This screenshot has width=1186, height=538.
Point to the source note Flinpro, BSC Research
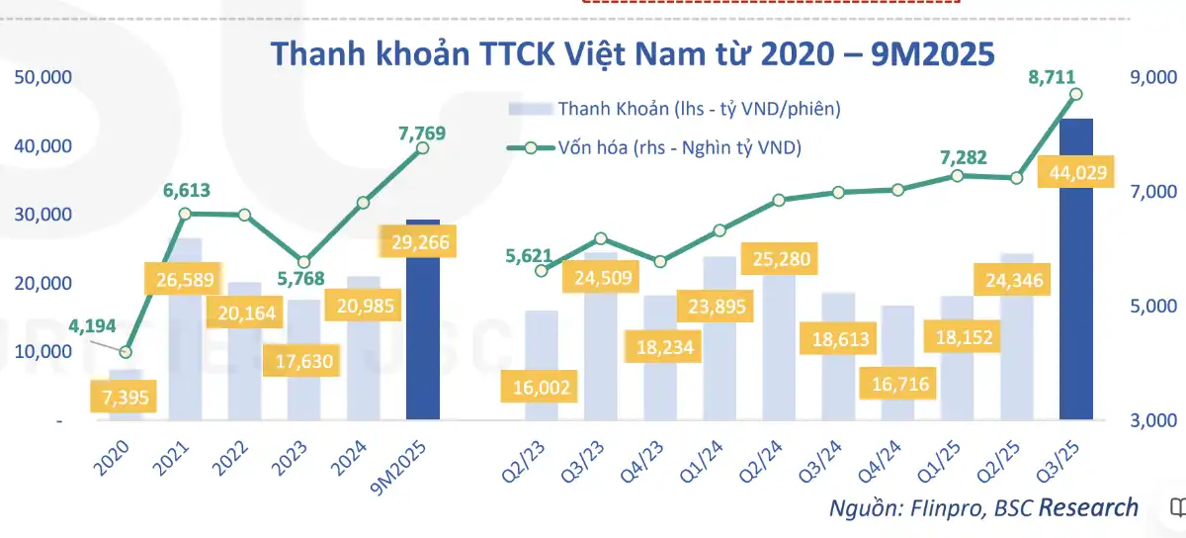click(x=983, y=508)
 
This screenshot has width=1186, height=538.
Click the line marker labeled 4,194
click(x=126, y=352)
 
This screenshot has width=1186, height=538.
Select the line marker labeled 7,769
click(x=422, y=147)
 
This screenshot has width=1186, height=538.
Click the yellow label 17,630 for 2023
click(x=304, y=361)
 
